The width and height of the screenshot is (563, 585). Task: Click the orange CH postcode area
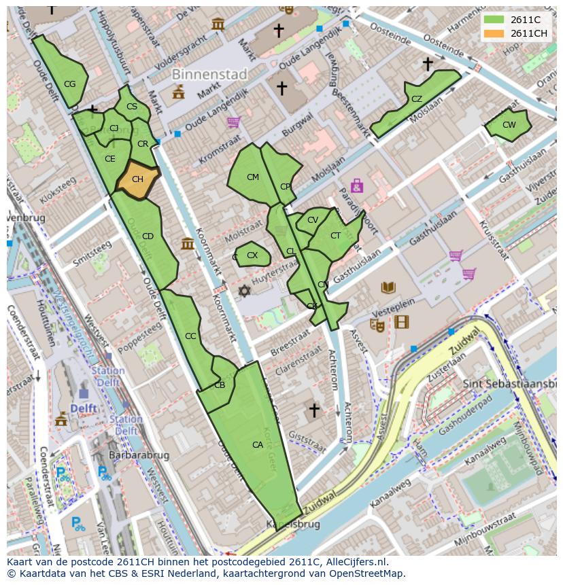(137, 180)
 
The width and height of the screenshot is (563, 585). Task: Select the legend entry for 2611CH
(528, 33)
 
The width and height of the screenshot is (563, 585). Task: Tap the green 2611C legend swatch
(494, 20)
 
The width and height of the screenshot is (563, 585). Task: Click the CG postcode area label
(69, 84)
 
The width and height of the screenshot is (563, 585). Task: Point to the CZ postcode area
(416, 99)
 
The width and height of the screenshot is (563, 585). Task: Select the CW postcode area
(509, 125)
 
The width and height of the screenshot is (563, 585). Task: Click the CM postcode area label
(252, 177)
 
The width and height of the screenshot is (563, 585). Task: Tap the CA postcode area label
(258, 445)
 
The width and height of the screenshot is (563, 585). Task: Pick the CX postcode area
(252, 255)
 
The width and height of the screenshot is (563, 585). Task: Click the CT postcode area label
(335, 236)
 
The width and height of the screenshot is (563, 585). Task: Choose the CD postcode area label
(148, 236)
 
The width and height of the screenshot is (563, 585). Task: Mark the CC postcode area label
(190, 336)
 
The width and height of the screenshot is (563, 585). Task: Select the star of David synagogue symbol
(244, 291)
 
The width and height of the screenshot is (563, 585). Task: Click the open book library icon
(388, 287)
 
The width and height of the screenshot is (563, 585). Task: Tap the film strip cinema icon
(402, 322)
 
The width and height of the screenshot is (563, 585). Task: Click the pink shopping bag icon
(356, 185)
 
